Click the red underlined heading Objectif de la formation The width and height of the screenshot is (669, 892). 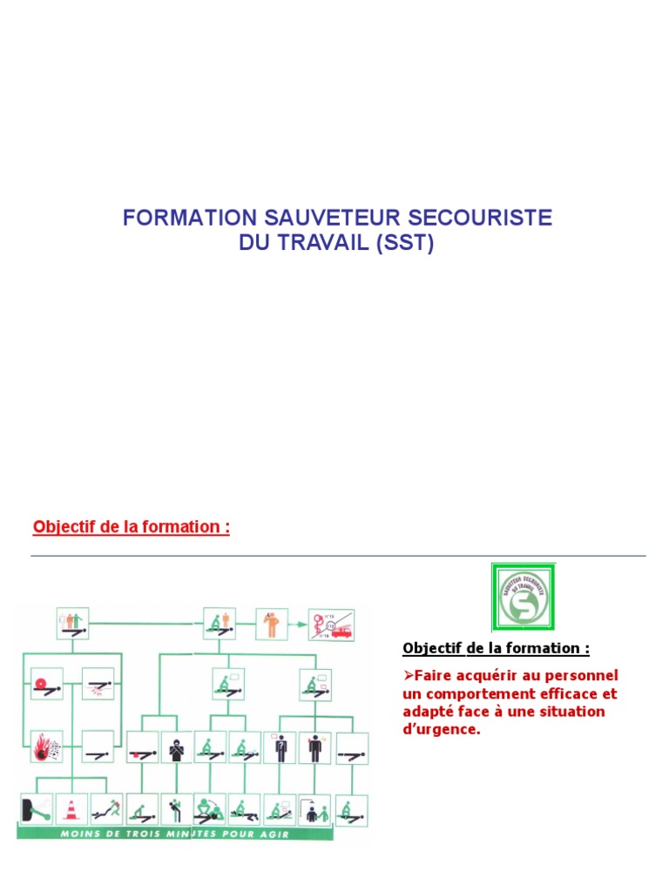(131, 527)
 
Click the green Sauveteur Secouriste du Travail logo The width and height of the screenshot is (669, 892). (523, 597)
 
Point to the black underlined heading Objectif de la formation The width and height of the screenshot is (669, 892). (496, 648)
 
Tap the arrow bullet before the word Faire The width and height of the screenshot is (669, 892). (408, 675)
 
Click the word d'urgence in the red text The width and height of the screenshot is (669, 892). (442, 730)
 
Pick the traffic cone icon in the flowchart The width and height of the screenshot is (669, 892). (71, 809)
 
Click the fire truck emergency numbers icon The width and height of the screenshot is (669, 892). (332, 625)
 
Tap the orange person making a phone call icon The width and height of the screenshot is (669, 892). (272, 624)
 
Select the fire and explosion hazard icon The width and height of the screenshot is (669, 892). (46, 747)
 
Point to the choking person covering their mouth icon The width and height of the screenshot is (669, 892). (176, 747)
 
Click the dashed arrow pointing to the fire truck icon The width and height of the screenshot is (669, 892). (298, 625)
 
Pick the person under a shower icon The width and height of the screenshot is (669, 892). (313, 810)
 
